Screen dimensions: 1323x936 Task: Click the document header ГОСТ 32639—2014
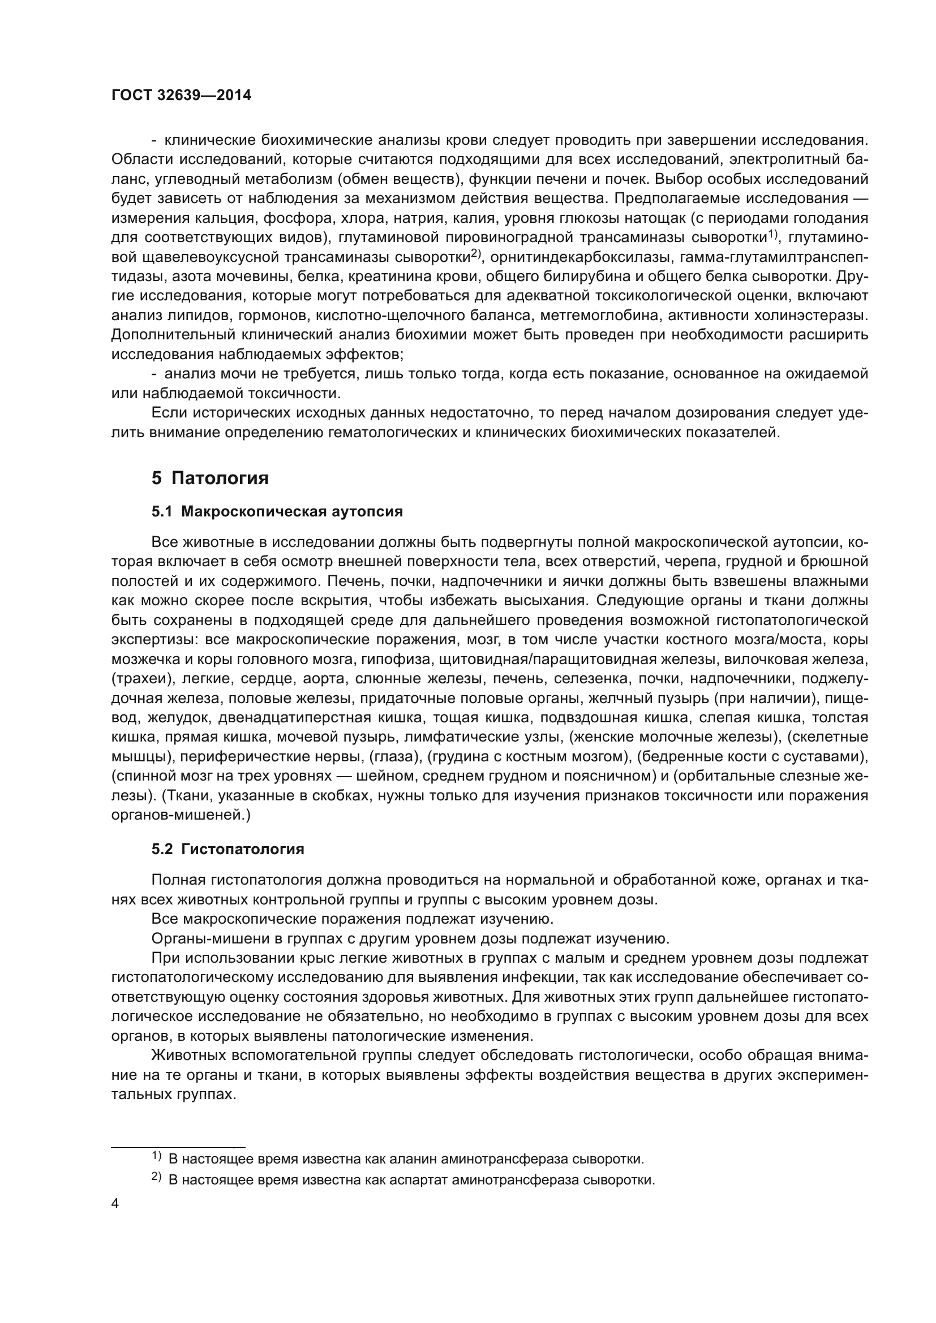(181, 96)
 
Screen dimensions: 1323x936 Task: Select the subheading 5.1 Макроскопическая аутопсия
(277, 512)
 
